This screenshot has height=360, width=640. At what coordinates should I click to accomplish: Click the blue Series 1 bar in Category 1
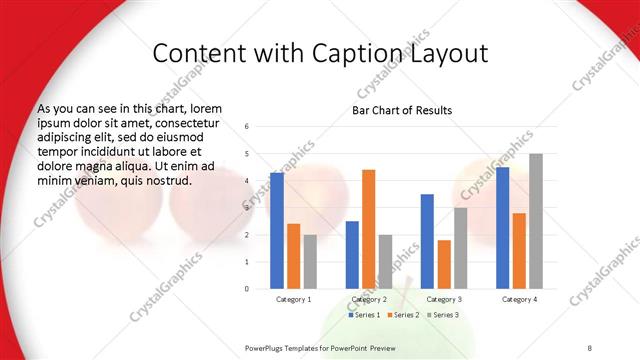276,231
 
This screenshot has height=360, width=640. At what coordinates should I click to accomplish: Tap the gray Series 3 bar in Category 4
536,221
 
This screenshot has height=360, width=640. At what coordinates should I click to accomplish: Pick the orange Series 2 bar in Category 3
444,264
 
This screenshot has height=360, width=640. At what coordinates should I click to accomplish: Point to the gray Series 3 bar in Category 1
310,262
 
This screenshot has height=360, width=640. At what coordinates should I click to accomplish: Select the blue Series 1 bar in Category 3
427,241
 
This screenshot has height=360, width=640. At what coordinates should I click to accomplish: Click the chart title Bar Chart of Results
402,110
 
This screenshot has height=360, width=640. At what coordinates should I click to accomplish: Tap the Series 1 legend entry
364,315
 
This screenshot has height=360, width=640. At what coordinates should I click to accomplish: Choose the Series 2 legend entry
402,315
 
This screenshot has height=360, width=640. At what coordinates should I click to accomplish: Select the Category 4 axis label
519,299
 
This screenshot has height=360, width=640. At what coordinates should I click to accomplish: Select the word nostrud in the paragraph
163,180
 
